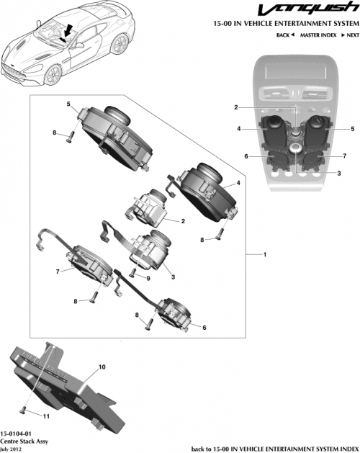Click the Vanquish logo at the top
pyautogui.click(x=312, y=10)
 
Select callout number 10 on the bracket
pyautogui.click(x=102, y=367)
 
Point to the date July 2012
pyautogui.click(x=14, y=447)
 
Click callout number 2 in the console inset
pyautogui.click(x=256, y=107)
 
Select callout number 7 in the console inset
pyautogui.click(x=345, y=156)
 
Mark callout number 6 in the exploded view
pyautogui.click(x=204, y=328)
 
